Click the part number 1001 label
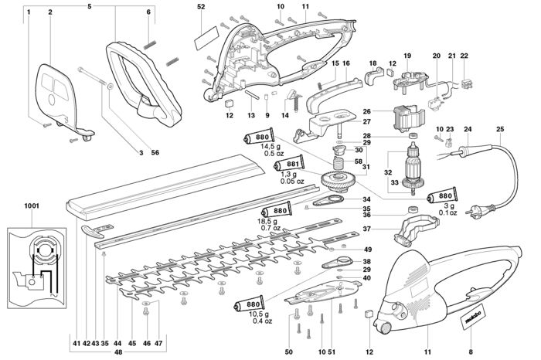pos(32,205)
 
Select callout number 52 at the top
pos(202,6)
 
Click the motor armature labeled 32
pos(413,168)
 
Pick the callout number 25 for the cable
pos(500,129)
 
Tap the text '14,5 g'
pos(270,147)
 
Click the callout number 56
pos(155,152)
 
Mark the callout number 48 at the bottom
pos(118,352)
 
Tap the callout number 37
pos(366,229)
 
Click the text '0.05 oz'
pos(292,181)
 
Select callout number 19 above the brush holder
pos(407,56)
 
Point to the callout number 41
pos(77,344)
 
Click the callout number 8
pos(471,352)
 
